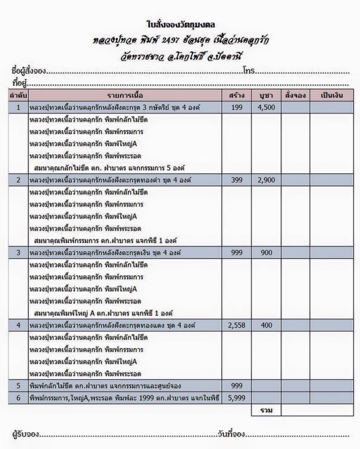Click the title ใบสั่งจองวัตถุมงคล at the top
tap(180, 24)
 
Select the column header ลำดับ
tap(18, 95)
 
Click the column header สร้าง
tap(237, 95)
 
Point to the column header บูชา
tap(266, 95)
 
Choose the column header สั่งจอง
tap(295, 95)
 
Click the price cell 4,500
tap(266, 107)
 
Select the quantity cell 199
tap(237, 107)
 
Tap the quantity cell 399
tap(237, 180)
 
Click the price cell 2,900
tap(266, 180)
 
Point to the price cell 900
tap(266, 253)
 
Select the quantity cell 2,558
tap(237, 325)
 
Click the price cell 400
tap(266, 325)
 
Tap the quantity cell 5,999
tap(237, 398)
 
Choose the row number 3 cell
tap(18, 253)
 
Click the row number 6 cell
tap(18, 398)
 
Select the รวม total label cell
tap(266, 410)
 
